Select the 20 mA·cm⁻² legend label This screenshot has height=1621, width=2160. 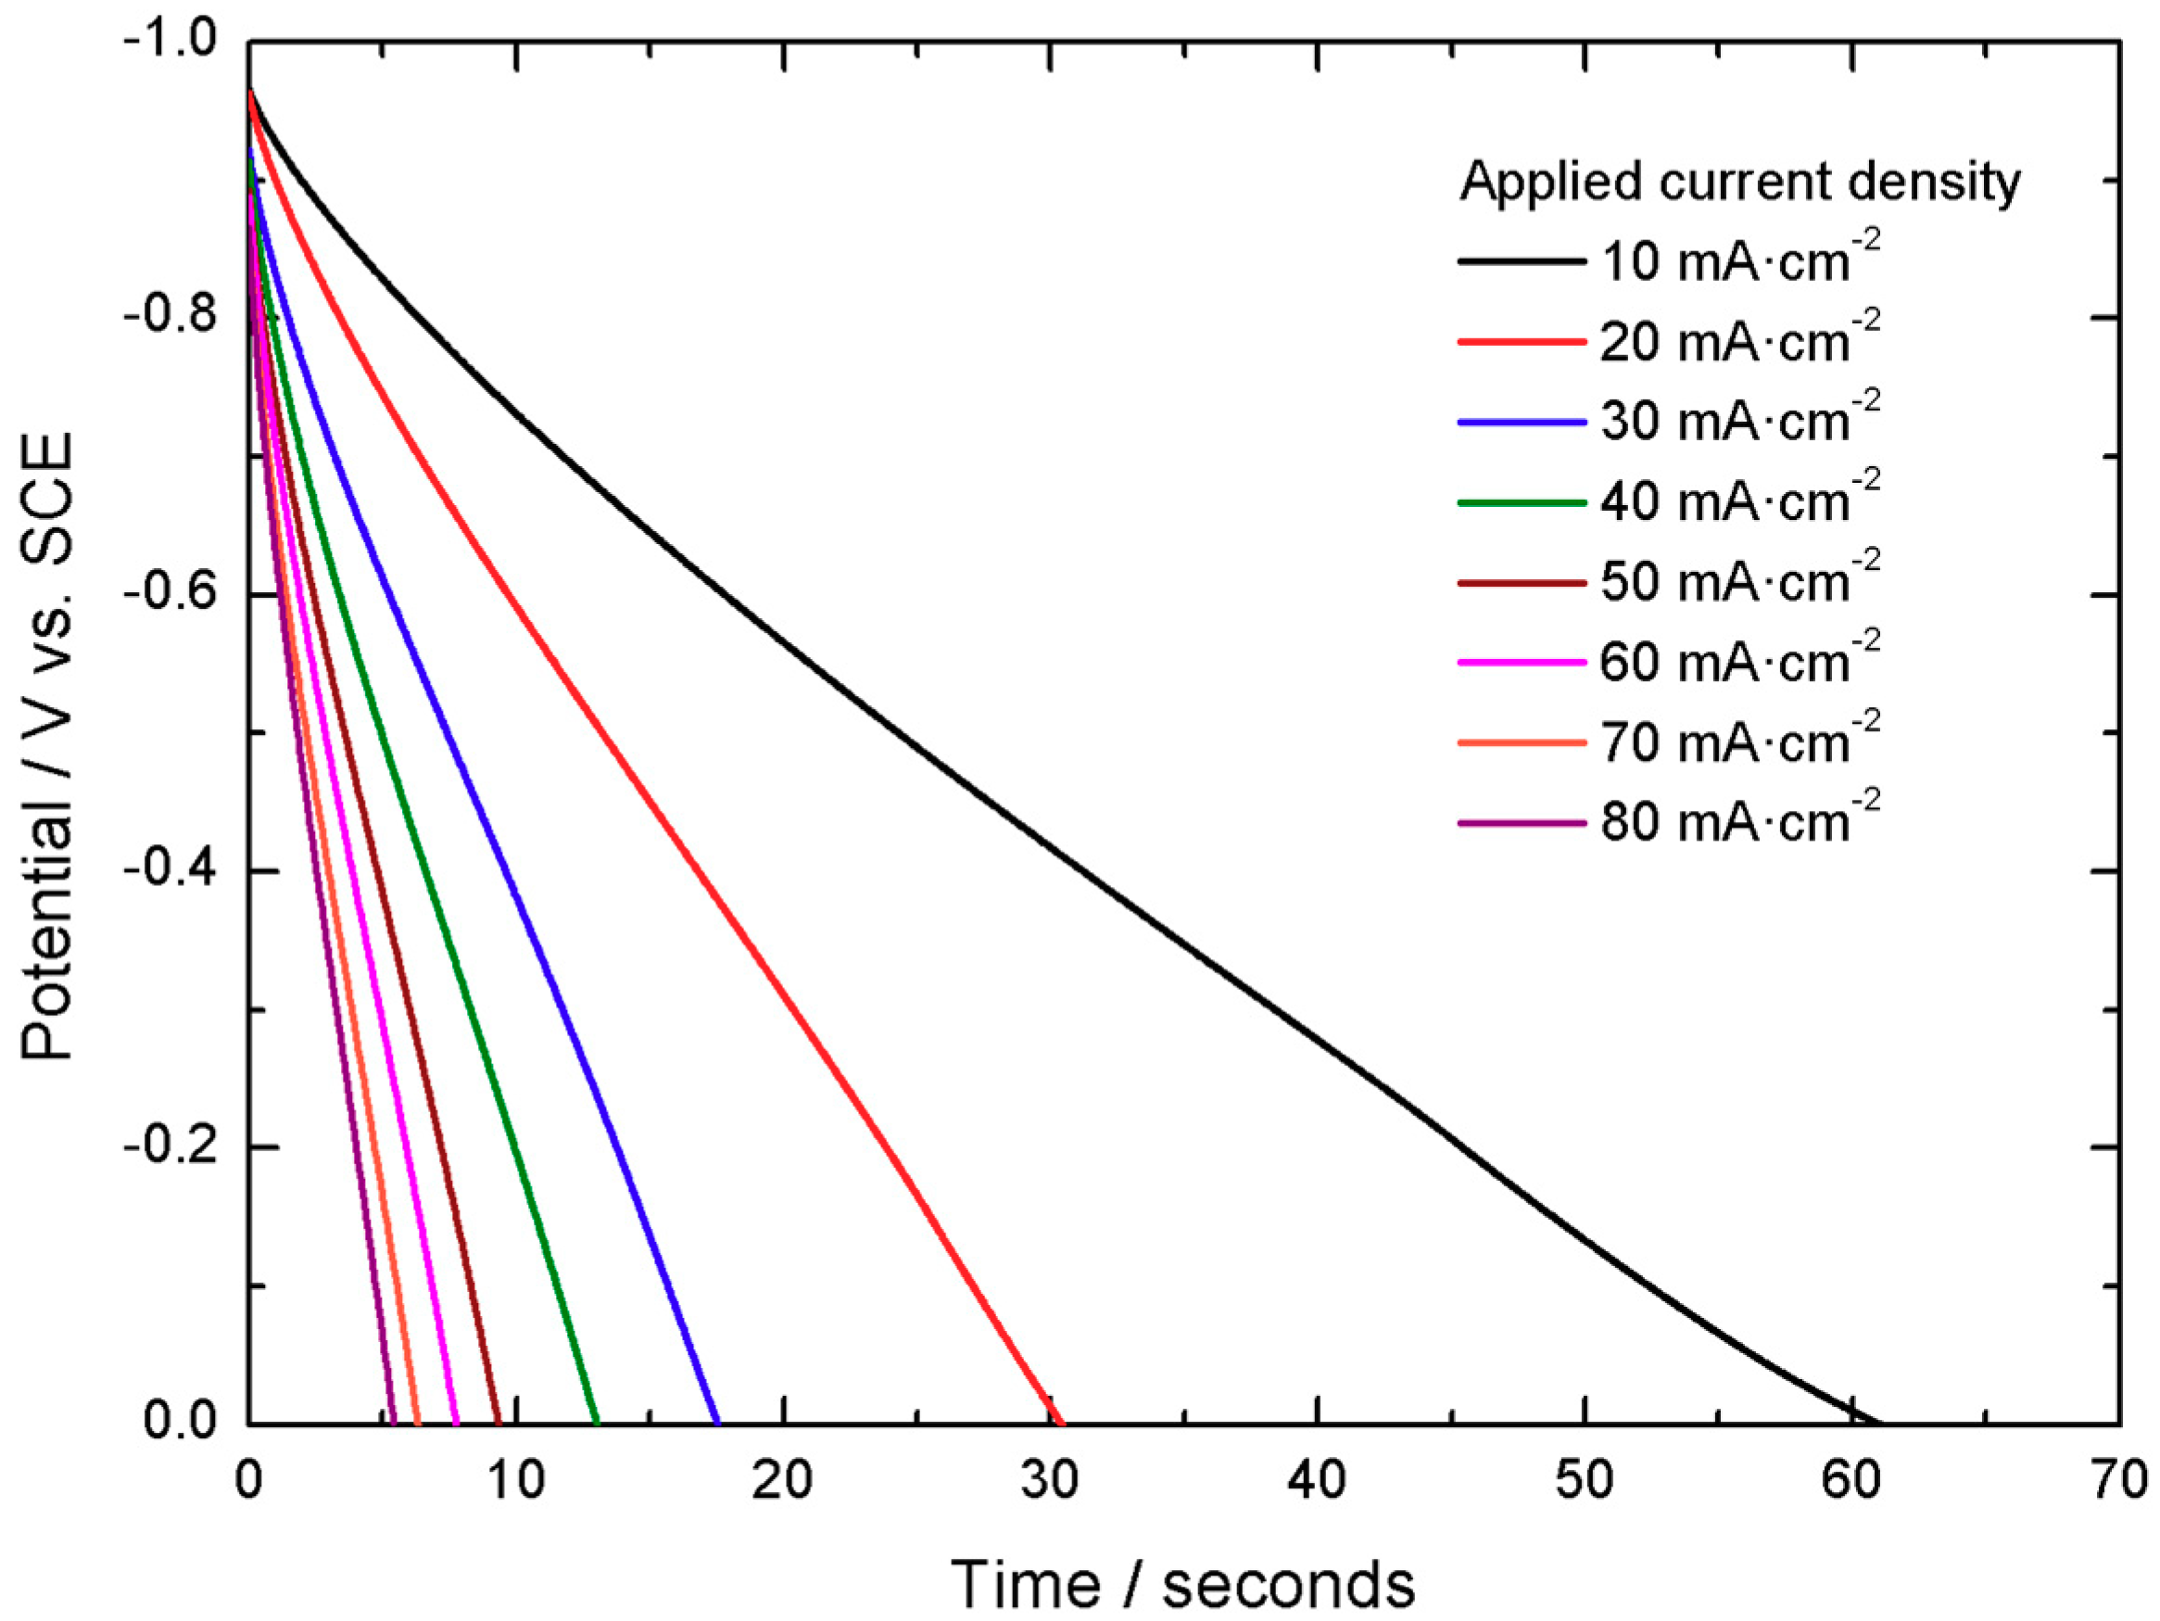click(1738, 342)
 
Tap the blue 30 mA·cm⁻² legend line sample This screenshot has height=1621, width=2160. click(1521, 422)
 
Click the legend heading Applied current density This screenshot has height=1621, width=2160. click(1739, 182)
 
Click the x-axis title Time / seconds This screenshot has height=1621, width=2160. click(1182, 1583)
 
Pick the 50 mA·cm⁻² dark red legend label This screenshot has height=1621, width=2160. click(1738, 582)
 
